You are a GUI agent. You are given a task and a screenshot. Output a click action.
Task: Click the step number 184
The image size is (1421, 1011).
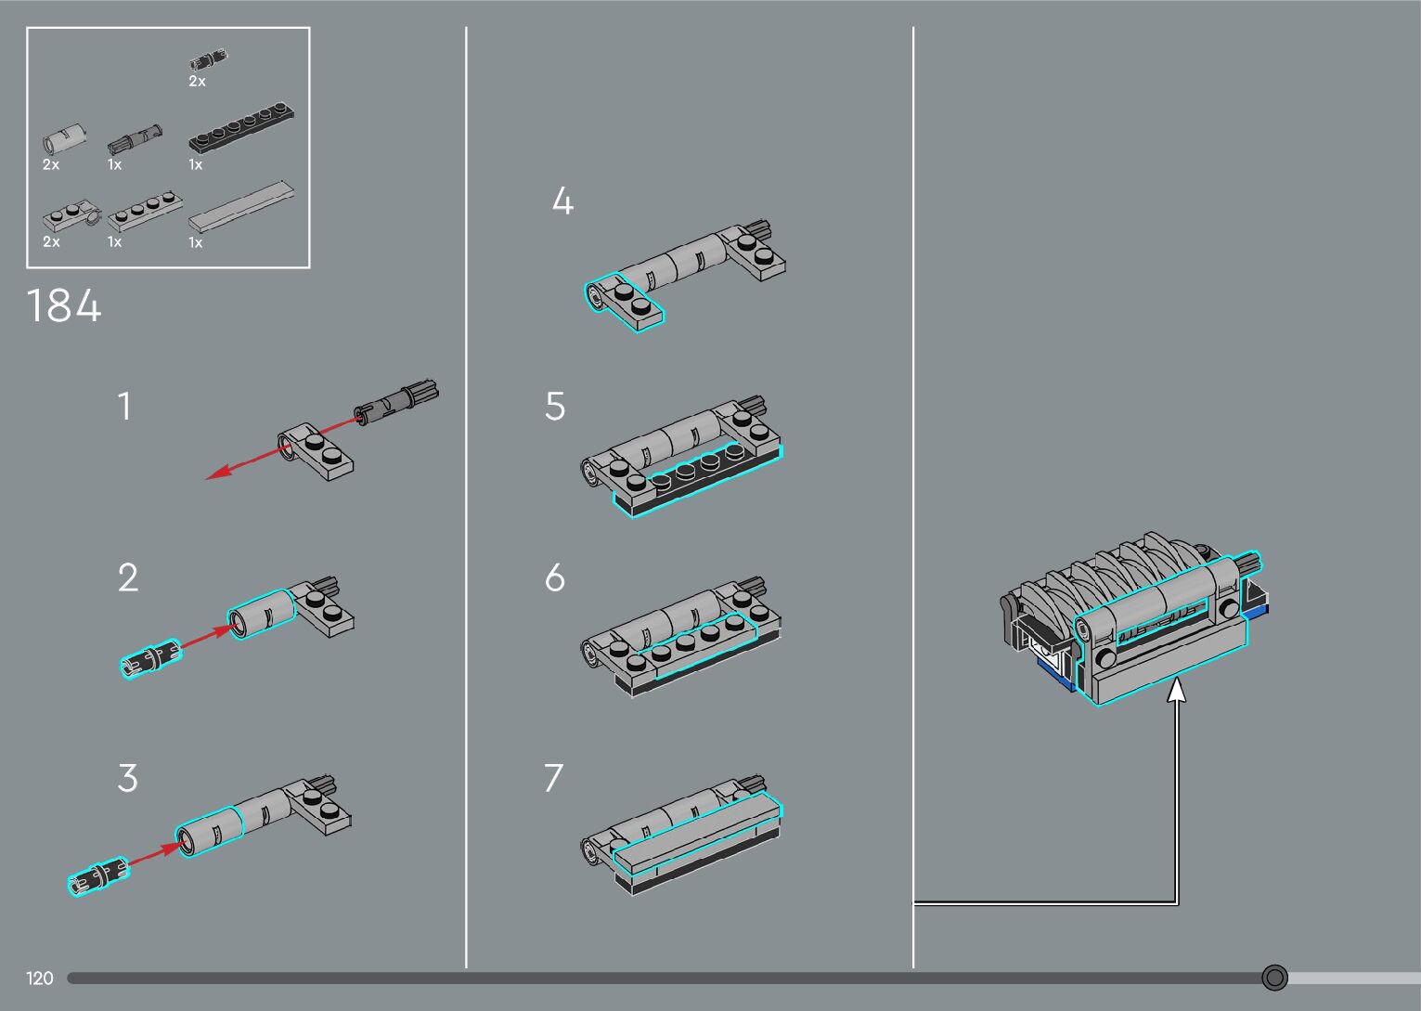tap(64, 305)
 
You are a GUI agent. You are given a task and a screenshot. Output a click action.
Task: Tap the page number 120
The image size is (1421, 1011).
tap(40, 978)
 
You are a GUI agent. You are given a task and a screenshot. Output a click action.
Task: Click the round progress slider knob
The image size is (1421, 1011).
tap(1274, 977)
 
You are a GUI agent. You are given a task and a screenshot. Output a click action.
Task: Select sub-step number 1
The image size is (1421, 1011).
tap(124, 407)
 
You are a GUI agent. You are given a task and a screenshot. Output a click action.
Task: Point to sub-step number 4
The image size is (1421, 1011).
tap(562, 201)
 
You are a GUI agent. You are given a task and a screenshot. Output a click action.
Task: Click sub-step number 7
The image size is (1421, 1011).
tap(553, 778)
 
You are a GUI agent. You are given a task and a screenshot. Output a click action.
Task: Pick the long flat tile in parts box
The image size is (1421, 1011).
tap(242, 205)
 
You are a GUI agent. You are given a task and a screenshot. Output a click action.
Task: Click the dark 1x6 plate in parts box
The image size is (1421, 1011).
tap(242, 128)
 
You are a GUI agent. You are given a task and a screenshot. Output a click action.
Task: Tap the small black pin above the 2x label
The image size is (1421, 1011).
tap(209, 60)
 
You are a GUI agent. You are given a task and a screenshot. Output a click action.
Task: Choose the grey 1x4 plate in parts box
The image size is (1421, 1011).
tap(143, 210)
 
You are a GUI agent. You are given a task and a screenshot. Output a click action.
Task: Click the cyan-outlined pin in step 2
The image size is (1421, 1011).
tap(150, 658)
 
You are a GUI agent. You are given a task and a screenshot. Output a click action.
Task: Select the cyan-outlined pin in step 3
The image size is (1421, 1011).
tap(98, 875)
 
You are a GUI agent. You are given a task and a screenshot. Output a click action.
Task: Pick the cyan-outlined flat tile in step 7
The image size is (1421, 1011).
tap(696, 834)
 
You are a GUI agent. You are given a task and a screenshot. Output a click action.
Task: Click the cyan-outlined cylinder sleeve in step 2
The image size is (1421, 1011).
tap(262, 614)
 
